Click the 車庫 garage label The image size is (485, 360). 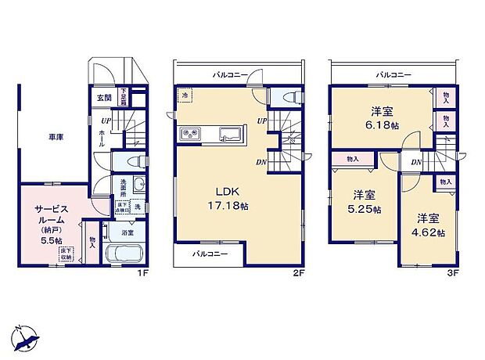[x=56, y=137]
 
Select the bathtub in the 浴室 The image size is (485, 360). [x=122, y=255]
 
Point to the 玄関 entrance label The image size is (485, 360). [x=103, y=98]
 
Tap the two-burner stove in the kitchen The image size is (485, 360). [x=191, y=134]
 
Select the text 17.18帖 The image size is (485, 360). [x=235, y=206]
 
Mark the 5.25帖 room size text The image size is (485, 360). [x=365, y=209]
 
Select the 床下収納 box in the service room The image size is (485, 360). [x=66, y=251]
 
